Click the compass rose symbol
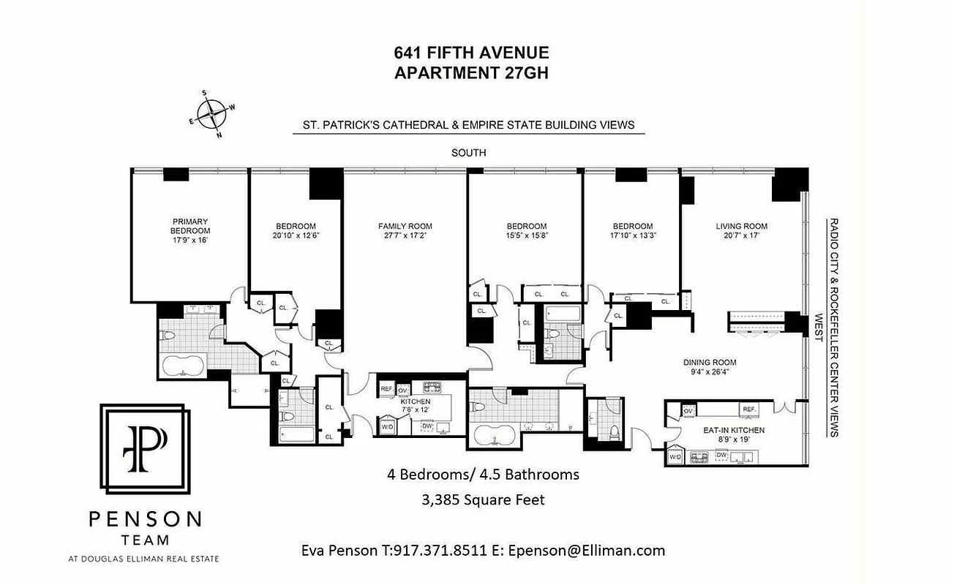[212, 114]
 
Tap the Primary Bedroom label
[190, 226]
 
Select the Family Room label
[405, 226]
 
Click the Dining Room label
[710, 362]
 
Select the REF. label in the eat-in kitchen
[748, 409]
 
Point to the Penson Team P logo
[145, 449]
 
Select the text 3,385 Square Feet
[484, 500]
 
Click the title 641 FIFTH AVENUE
[471, 53]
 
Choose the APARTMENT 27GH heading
[471, 72]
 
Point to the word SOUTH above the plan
[469, 153]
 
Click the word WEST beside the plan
[820, 327]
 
